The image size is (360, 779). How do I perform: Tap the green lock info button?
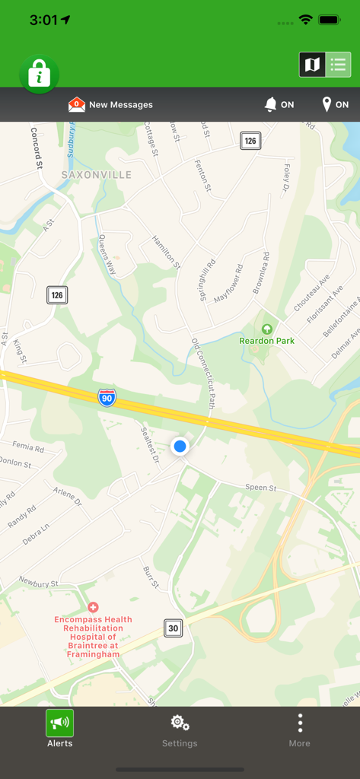pos(39,75)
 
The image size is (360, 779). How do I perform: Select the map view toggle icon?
pos(312,65)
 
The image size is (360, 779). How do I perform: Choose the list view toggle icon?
pos(338,65)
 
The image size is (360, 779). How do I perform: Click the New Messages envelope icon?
pos(77,104)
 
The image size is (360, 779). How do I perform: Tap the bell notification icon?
pos(270,104)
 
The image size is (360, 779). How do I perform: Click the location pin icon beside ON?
pos(327,104)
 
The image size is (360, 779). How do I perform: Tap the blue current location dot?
pos(180,446)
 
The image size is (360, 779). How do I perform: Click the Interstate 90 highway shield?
pos(107,397)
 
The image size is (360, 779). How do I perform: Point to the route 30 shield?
pos(174,628)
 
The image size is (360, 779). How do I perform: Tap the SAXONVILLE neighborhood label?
pos(97,175)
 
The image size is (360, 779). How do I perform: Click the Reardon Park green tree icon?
pos(266,329)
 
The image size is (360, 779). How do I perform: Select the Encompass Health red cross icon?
pos(93,607)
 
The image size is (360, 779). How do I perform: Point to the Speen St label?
pos(260,487)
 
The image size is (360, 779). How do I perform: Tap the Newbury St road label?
pos(38,583)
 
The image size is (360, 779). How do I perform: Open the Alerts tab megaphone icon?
pos(59,722)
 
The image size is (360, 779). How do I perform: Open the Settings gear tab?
pos(180,722)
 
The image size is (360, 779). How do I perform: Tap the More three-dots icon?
pos(300,722)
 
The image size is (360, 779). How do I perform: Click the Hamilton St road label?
pos(167,252)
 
